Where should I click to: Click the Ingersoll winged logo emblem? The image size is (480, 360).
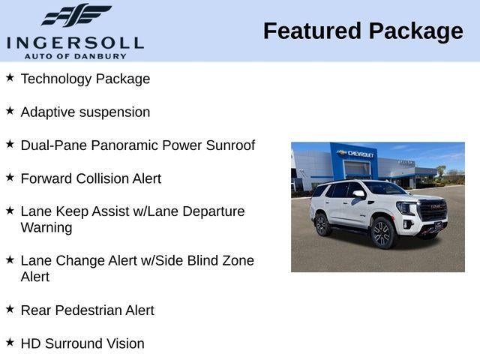click(x=76, y=16)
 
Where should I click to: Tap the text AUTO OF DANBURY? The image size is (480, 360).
click(x=75, y=56)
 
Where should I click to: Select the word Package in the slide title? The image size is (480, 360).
click(x=415, y=31)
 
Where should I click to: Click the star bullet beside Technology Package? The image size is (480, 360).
click(x=10, y=77)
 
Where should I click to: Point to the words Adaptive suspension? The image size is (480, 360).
click(x=85, y=112)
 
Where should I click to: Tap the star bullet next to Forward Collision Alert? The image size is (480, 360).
click(x=10, y=177)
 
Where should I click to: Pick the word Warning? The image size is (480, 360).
click(x=46, y=227)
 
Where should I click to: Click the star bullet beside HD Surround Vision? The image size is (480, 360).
click(x=10, y=342)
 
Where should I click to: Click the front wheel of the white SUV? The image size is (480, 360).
click(x=382, y=232)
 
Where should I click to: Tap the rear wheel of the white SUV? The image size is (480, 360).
click(x=322, y=224)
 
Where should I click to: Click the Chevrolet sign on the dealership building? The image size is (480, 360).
click(x=356, y=153)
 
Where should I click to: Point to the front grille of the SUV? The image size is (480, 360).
click(x=432, y=211)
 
